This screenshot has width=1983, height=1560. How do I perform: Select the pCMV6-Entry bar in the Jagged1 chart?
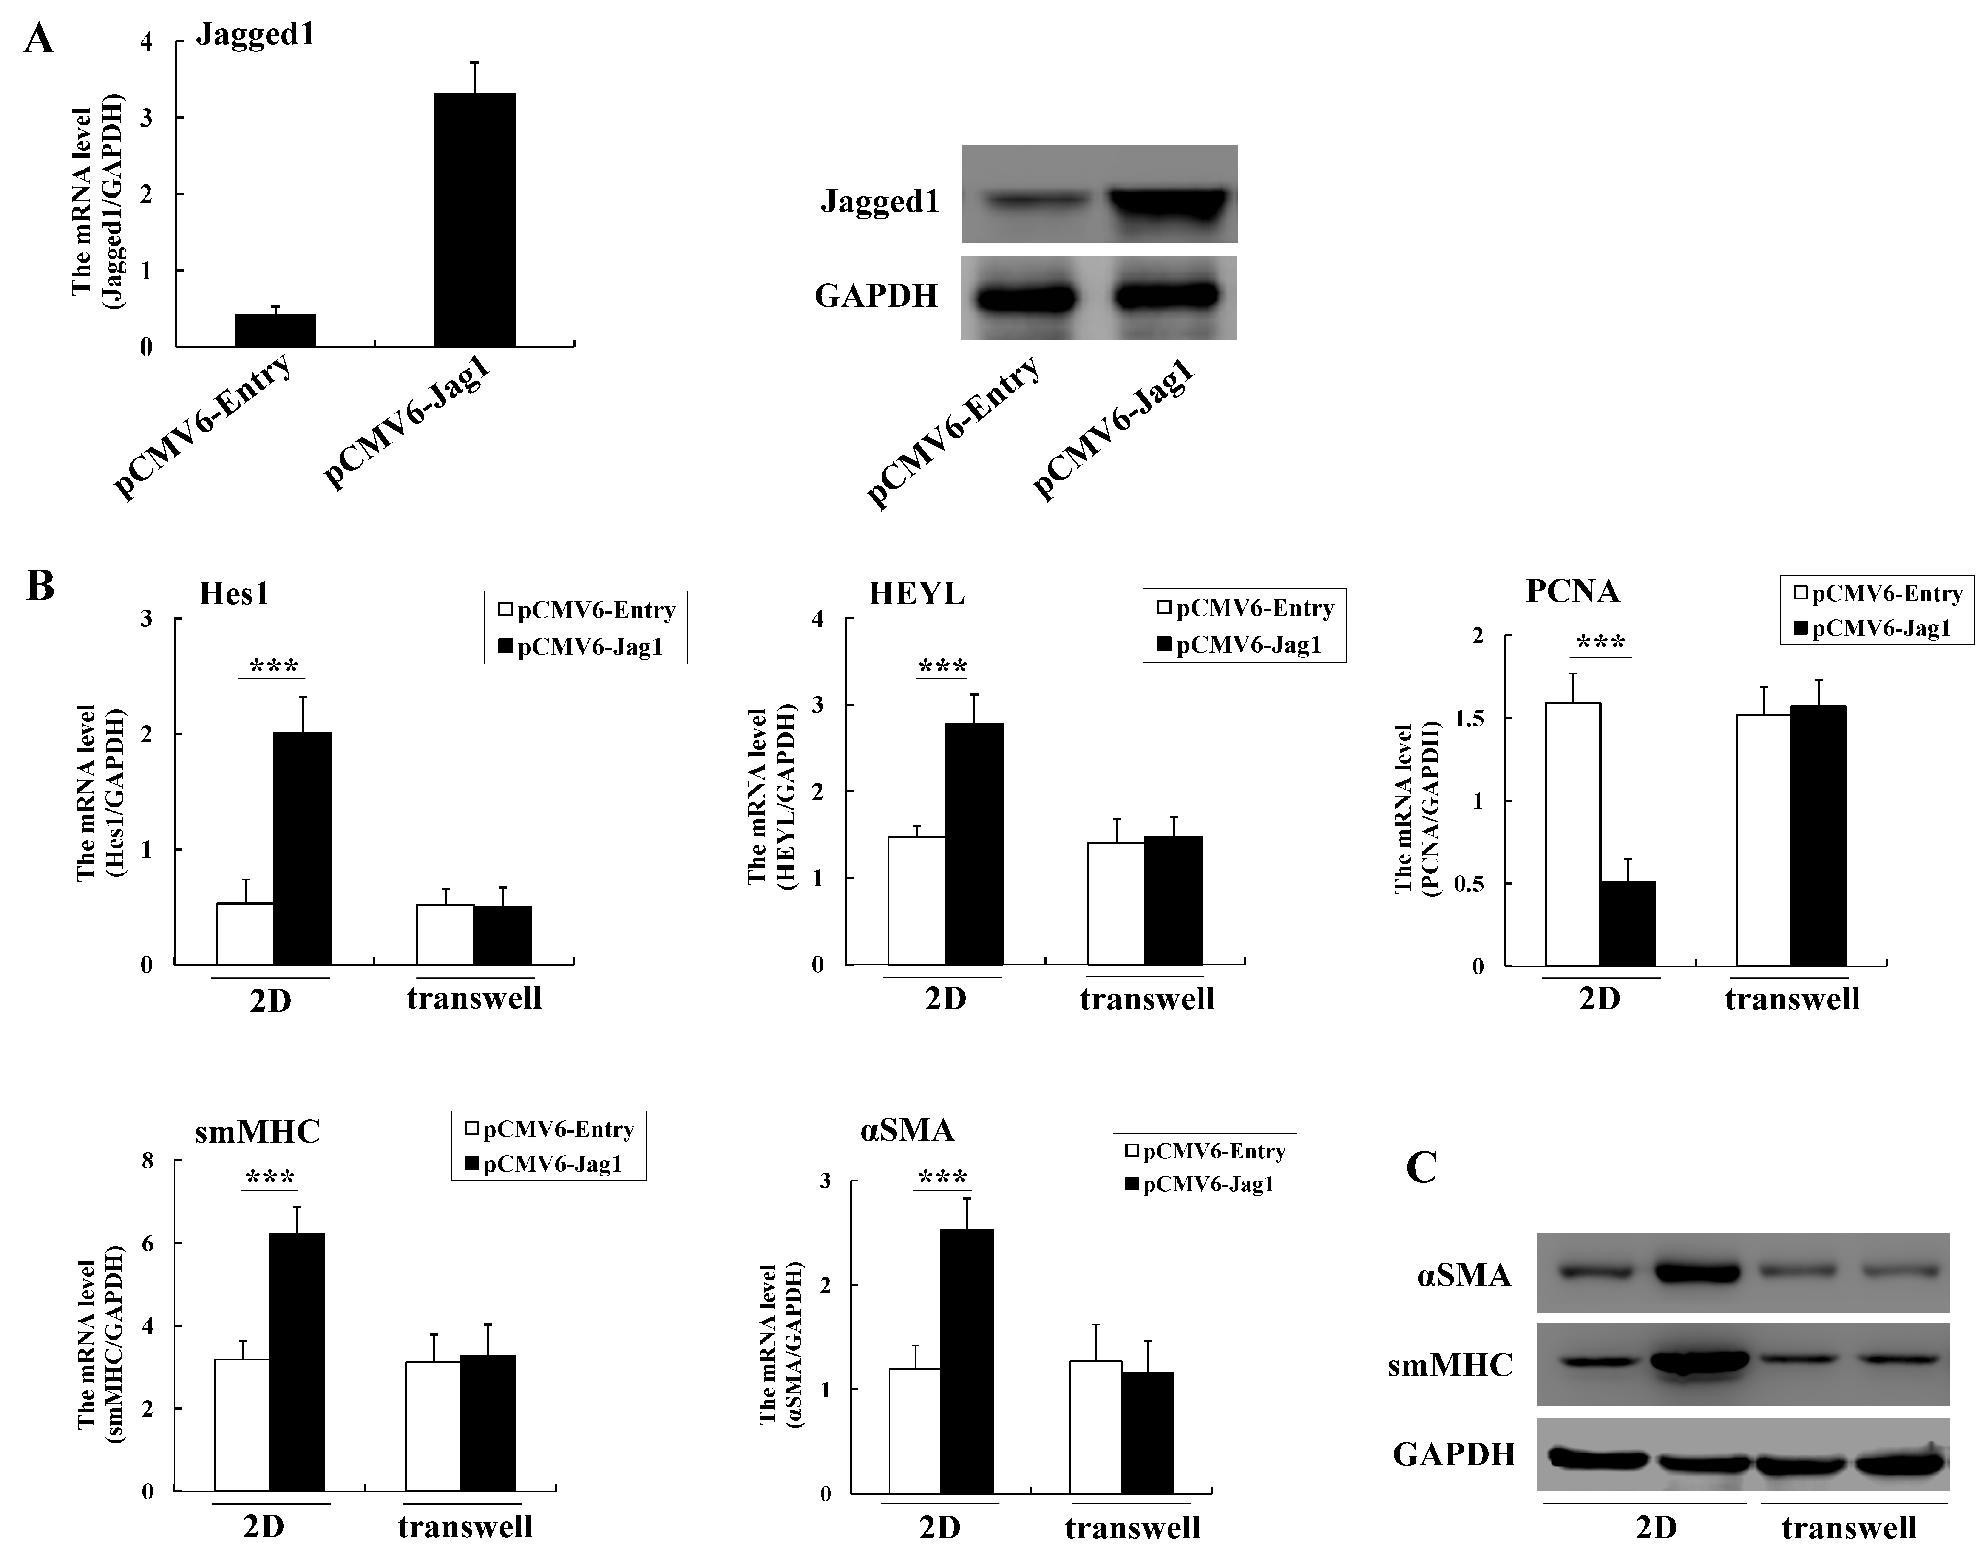pyautogui.click(x=275, y=331)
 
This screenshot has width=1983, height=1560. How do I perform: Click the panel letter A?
pyautogui.click(x=38, y=40)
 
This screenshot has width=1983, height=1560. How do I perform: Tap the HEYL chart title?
pyautogui.click(x=916, y=595)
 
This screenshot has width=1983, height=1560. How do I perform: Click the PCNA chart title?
pyautogui.click(x=1572, y=592)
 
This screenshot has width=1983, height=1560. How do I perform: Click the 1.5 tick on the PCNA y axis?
pyautogui.click(x=1470, y=719)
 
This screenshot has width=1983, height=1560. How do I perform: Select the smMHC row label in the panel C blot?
pyautogui.click(x=1450, y=1365)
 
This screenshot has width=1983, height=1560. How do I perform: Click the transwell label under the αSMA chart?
pyautogui.click(x=1133, y=1528)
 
